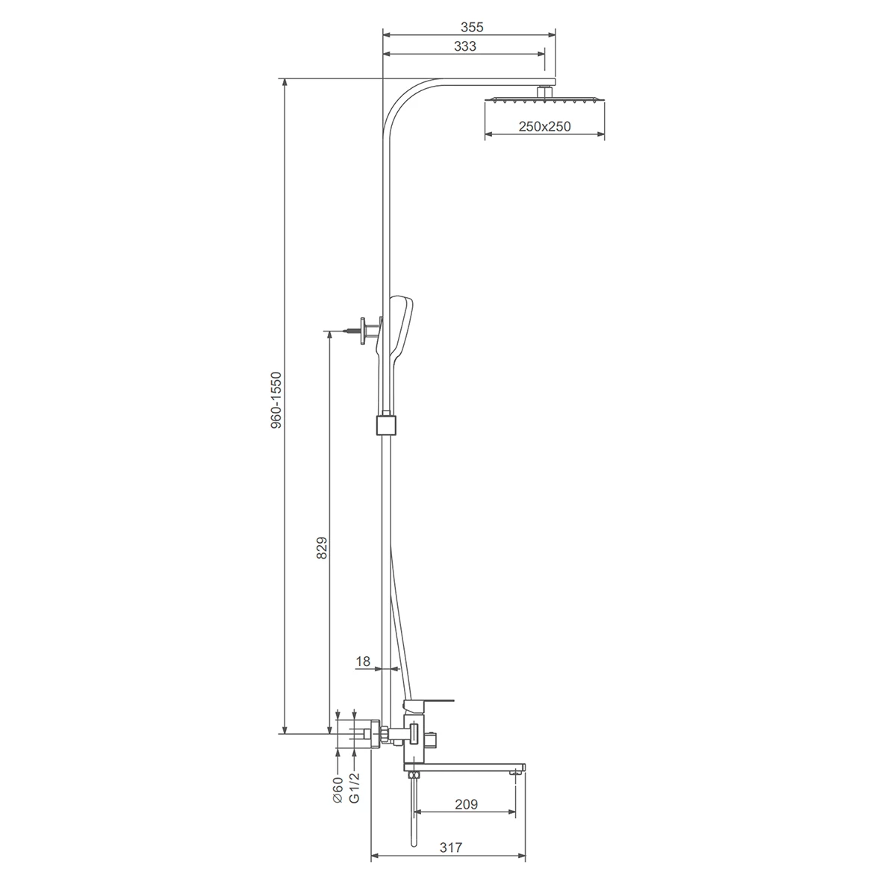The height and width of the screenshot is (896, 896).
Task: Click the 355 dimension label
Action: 472,28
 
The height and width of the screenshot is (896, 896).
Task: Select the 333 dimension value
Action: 465,46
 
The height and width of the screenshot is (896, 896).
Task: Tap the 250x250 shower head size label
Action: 544,126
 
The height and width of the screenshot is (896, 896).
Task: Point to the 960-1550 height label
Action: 276,400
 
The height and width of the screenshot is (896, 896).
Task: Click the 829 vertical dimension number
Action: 322,548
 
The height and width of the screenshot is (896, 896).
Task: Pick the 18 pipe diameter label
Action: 363,662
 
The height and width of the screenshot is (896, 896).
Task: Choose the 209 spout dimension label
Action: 466,804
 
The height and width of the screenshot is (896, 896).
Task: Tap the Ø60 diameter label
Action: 338,789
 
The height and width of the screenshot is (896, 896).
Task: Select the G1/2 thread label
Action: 355,788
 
